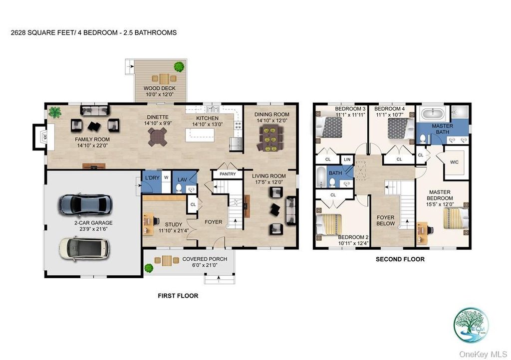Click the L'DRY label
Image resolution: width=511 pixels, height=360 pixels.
151,178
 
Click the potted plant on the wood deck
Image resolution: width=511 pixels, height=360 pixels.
178,66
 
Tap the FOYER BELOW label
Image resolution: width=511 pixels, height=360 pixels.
385,220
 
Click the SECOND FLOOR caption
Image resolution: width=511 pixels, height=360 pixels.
400,259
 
